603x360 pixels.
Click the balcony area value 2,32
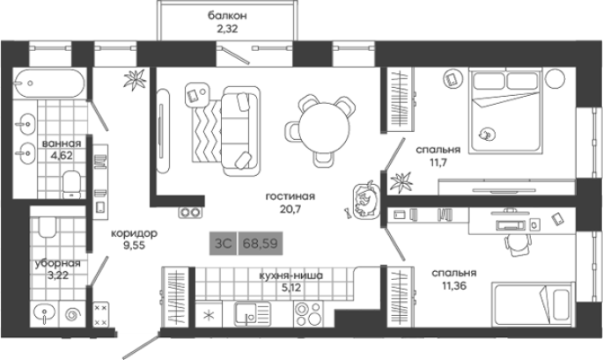227,28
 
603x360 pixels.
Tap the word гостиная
290,196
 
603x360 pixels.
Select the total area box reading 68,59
261,244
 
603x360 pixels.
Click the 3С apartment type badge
223,244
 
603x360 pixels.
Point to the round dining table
324,129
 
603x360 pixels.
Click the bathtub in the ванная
48,83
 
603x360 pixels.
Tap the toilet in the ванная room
71,184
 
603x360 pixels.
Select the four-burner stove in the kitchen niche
308,313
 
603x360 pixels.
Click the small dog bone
348,212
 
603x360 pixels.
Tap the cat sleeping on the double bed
487,134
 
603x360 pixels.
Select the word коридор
134,233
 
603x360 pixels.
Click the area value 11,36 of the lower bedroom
453,286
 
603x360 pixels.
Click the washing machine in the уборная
72,314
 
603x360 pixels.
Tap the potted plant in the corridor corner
135,79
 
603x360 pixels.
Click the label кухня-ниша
291,276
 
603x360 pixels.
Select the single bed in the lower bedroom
533,304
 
